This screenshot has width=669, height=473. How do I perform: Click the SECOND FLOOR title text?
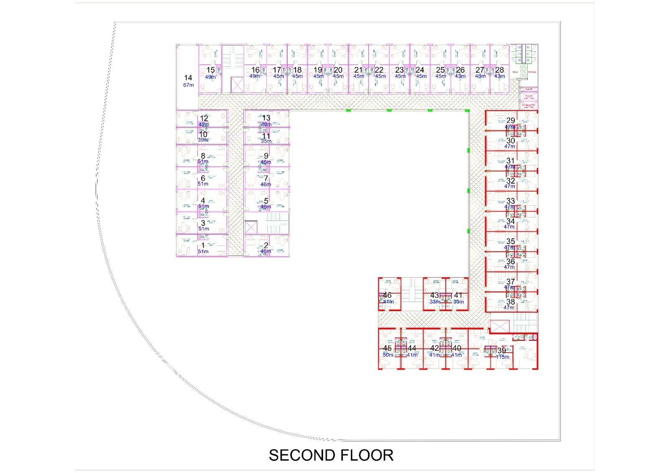coord(331,455)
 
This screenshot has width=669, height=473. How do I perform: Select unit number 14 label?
coord(188,78)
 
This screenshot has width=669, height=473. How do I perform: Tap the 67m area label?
coord(189,85)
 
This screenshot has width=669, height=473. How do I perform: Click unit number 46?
coord(387,295)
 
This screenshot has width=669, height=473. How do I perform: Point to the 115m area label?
coord(503,357)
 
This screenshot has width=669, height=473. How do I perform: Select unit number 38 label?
coord(511,302)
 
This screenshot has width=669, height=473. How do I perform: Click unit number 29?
coord(511,120)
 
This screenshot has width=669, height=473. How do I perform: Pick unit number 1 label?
coord(203,245)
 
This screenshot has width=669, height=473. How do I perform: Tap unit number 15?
coord(211,70)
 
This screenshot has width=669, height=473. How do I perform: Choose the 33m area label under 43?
coord(434,302)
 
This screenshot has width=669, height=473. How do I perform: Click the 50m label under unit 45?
coord(388,355)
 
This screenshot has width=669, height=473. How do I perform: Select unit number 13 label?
coord(266,118)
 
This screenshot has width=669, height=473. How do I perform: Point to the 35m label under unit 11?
coord(266,141)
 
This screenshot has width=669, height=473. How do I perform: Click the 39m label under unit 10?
coord(203,140)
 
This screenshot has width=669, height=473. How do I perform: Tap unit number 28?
coord(500,70)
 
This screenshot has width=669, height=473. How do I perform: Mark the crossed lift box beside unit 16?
coord(237,85)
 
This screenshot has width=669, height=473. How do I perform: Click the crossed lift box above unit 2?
coord(251,228)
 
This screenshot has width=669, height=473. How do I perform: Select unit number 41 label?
coord(458,295)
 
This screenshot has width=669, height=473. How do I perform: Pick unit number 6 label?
coord(203,178)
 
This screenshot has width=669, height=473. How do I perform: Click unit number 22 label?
coord(379,70)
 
